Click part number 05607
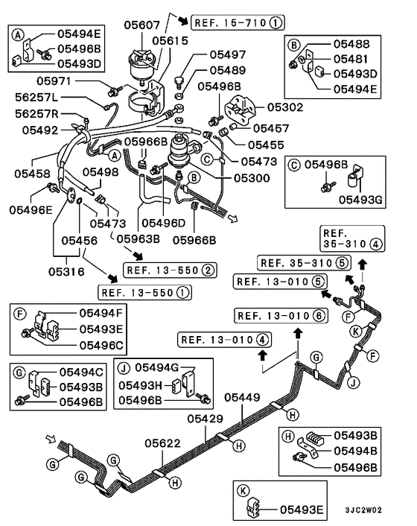click(x=141, y=25)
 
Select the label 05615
click(x=170, y=40)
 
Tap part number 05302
click(x=285, y=107)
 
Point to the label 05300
click(x=252, y=178)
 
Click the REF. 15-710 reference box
click(x=238, y=23)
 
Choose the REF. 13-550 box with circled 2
click(x=170, y=270)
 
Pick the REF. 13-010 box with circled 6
click(x=281, y=316)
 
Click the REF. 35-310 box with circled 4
click(x=352, y=238)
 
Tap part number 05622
click(x=162, y=443)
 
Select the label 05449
click(x=242, y=397)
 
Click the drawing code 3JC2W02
click(x=363, y=510)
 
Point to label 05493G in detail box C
click(x=360, y=200)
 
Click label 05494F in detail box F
click(x=101, y=313)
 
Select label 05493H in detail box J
click(x=140, y=385)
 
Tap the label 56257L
click(x=36, y=98)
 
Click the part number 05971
click(x=54, y=81)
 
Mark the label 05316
click(x=66, y=271)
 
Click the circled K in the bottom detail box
click(x=243, y=491)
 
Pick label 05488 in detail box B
click(x=351, y=44)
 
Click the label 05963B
click(x=138, y=238)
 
